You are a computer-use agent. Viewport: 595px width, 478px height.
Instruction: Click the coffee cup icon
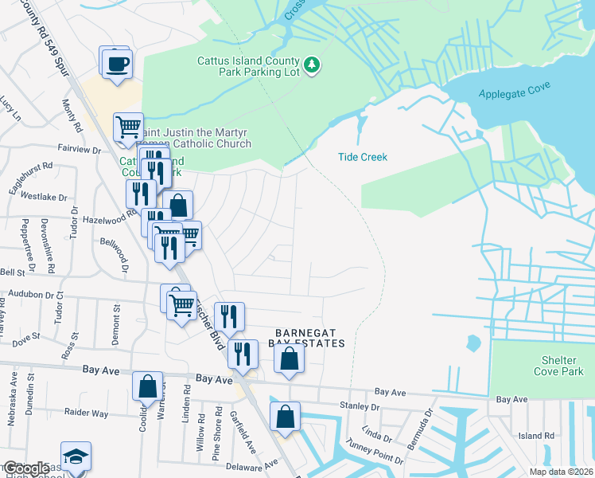[x=116, y=62]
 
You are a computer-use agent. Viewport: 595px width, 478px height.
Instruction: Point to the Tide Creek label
[x=363, y=157]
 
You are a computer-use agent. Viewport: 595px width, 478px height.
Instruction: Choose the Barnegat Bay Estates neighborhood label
[x=310, y=338]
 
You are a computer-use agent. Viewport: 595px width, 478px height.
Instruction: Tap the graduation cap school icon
[x=76, y=458]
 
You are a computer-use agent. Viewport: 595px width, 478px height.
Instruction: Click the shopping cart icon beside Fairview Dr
[x=128, y=127]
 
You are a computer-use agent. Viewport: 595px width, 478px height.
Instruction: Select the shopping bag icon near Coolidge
[x=147, y=387]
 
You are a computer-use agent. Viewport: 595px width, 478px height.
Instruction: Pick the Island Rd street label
[x=535, y=436]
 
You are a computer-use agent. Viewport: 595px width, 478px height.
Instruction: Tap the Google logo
[x=25, y=468]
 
